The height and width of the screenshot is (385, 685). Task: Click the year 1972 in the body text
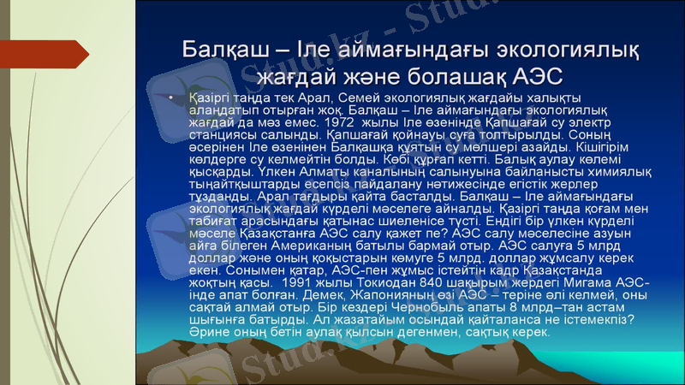pos(338,121)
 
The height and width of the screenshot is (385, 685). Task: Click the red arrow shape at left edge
pos(72,54)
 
